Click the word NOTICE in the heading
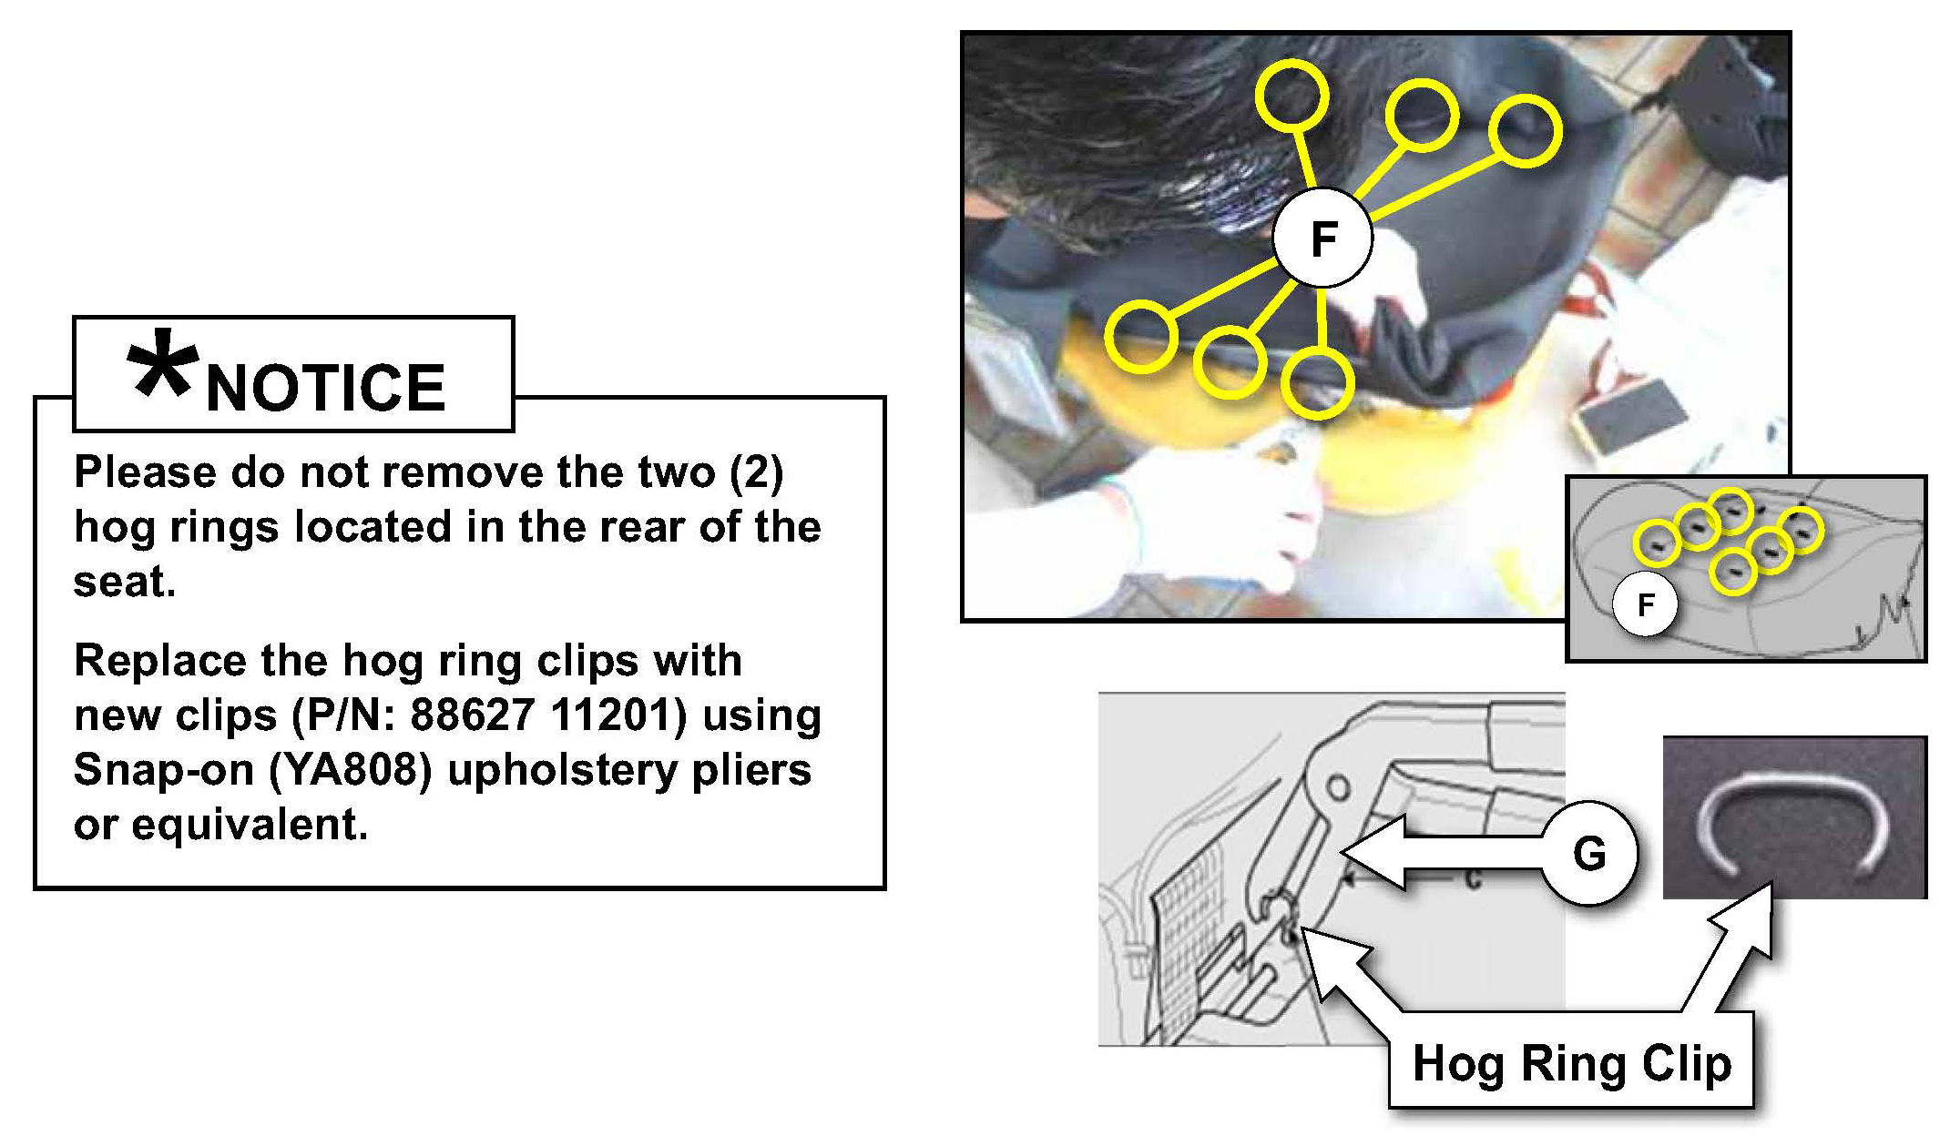tap(326, 388)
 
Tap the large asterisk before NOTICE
tap(162, 363)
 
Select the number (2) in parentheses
tap(756, 473)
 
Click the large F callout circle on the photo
tap(1322, 238)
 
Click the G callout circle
tap(1589, 853)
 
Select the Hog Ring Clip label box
tap(1571, 1061)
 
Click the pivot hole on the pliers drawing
tap(1337, 786)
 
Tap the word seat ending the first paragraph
tap(124, 583)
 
